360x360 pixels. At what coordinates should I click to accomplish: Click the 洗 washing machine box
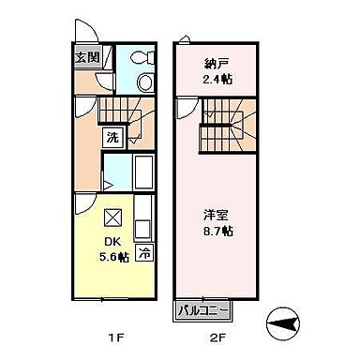112,138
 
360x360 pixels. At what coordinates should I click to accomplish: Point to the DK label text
110,238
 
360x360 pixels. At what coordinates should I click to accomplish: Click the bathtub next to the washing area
143,172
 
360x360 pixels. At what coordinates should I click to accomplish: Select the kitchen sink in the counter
142,229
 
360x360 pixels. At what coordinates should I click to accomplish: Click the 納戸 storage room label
217,64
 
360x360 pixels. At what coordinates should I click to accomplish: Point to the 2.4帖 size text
217,79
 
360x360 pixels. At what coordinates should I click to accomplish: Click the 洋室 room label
217,214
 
